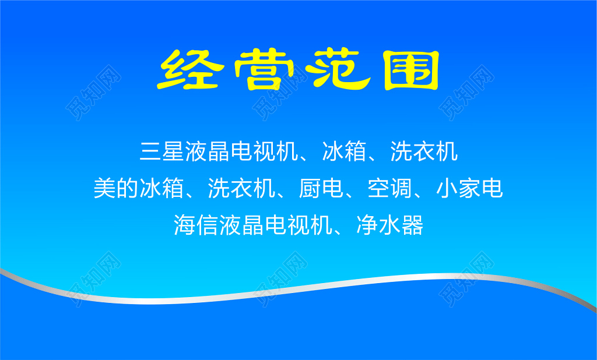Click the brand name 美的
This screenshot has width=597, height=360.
point(116,188)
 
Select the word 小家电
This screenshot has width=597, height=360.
point(469,188)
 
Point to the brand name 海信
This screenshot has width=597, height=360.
point(196,224)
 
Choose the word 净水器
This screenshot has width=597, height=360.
point(389,224)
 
